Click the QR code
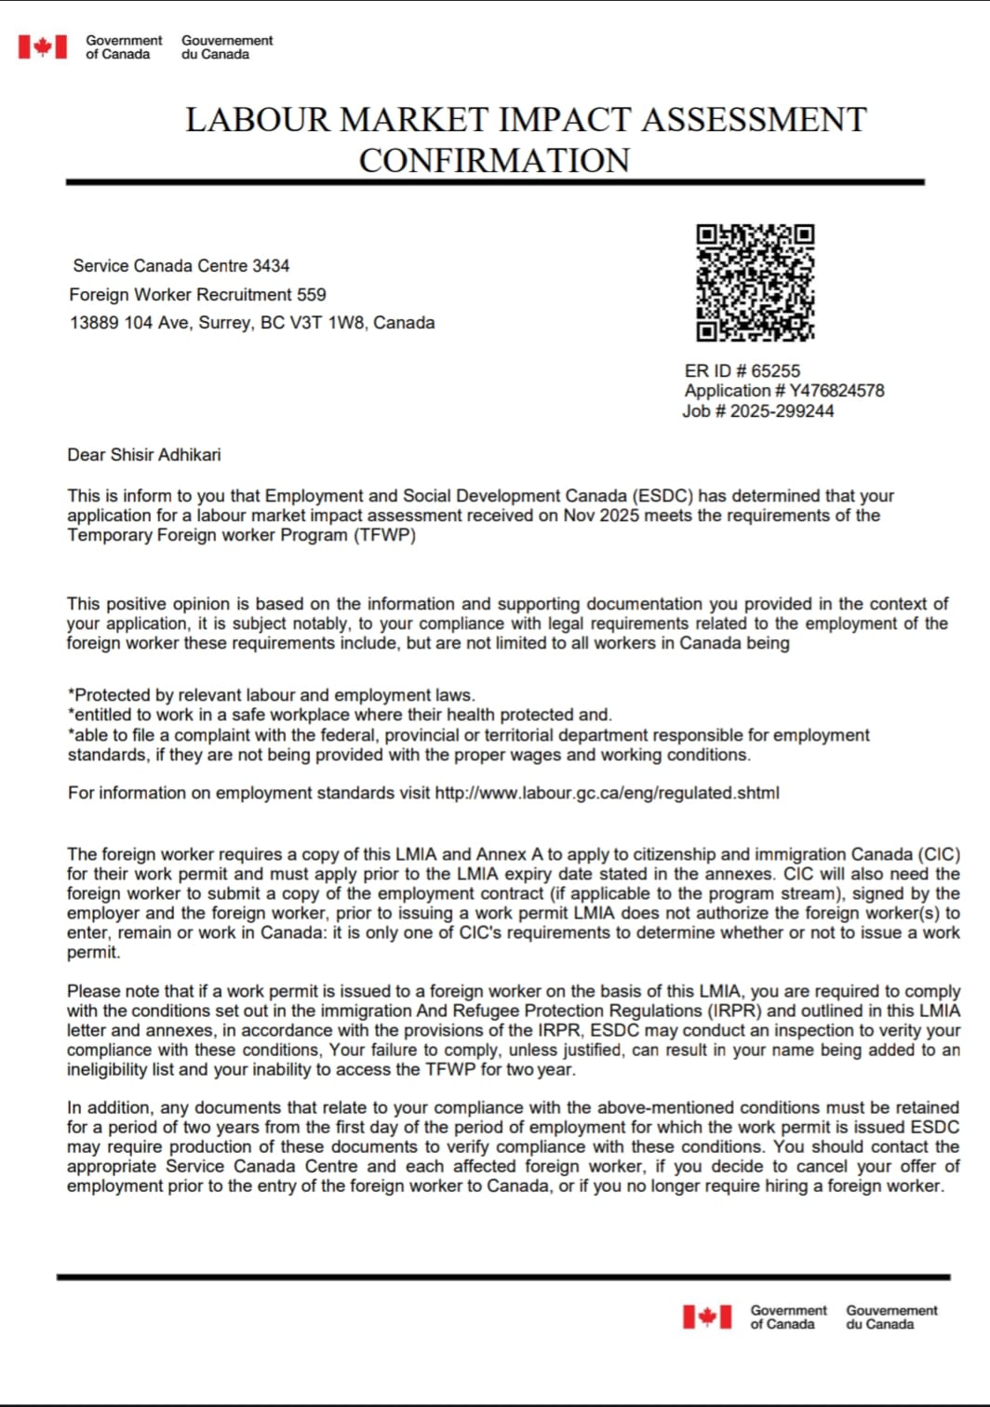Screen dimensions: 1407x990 (756, 283)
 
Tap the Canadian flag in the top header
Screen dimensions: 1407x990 (43, 47)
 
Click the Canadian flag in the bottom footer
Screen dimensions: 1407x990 (707, 1317)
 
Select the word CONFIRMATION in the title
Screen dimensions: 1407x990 (494, 161)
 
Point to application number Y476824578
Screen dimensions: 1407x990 (836, 391)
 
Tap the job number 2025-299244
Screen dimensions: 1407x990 (782, 411)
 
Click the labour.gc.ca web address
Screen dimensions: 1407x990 (607, 793)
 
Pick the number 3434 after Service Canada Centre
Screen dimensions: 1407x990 (271, 266)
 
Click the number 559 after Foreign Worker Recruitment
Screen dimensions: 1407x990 (311, 295)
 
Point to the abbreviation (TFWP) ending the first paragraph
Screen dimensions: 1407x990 (384, 535)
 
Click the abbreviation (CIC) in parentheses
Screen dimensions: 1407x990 (939, 854)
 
